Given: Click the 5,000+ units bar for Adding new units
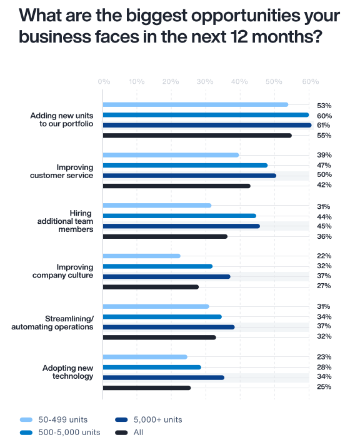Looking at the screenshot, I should [x=206, y=125].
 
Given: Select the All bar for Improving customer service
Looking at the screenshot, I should [x=176, y=186].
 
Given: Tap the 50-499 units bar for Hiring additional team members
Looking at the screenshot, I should [x=157, y=205].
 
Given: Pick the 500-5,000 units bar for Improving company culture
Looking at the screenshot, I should [x=157, y=266].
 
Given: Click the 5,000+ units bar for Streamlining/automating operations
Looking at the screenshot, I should [x=169, y=327].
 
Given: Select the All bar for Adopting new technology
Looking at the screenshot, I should [x=146, y=388].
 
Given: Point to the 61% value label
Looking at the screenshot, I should [x=324, y=126].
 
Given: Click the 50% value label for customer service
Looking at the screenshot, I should [x=324, y=175].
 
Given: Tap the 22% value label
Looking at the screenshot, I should [x=324, y=256].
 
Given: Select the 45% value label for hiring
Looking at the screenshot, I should [x=324, y=226].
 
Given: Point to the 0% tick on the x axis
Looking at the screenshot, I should [x=104, y=82].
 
